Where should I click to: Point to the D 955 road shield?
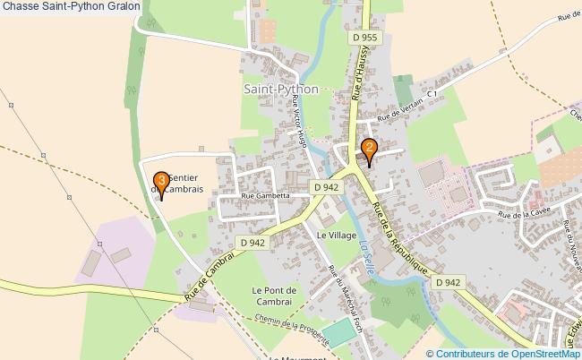tap(365, 38)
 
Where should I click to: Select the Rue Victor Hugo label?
tap(299, 126)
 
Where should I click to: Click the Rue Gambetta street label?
tap(264, 194)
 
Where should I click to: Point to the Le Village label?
tap(337, 234)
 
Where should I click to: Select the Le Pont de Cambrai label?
tap(273, 296)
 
